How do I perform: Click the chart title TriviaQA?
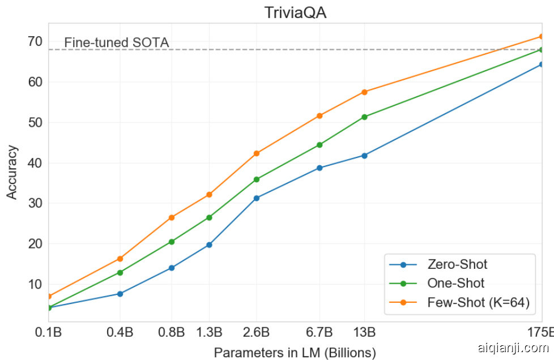[295, 12]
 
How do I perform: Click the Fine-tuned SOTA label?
[117, 42]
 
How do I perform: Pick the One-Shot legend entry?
[456, 284]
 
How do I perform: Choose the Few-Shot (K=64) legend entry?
[478, 303]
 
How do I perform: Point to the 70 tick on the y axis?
[34, 41]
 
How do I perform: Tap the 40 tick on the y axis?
[34, 163]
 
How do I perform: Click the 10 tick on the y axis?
[34, 284]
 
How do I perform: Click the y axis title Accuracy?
[12, 172]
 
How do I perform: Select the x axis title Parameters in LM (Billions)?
[295, 353]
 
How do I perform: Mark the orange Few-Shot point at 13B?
[364, 92]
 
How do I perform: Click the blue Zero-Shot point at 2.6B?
[257, 198]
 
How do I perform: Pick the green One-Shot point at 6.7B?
[319, 145]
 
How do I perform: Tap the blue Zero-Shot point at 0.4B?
[120, 294]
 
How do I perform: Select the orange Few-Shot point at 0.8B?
[172, 217]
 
